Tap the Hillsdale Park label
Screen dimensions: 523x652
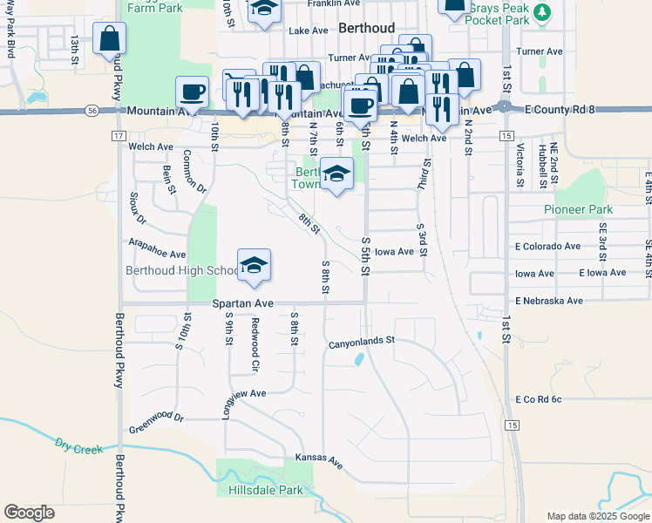pos(265,490)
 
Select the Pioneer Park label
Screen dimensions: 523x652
pos(578,209)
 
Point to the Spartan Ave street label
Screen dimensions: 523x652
pos(244,303)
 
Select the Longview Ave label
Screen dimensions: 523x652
pos(244,394)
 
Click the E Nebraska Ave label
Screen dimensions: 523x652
pos(548,301)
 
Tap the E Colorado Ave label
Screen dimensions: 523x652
pos(547,247)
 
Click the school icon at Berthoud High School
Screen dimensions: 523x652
pos(254,264)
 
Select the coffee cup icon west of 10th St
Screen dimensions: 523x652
pos(192,91)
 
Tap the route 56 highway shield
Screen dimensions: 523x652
pos(92,111)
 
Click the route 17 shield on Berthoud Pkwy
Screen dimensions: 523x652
pos(119,136)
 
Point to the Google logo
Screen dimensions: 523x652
pos(29,513)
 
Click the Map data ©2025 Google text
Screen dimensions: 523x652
pos(597,516)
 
